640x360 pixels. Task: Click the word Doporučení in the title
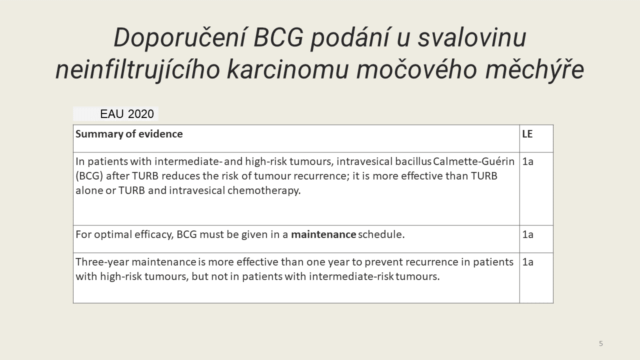coord(180,38)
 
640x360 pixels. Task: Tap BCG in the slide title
coord(278,37)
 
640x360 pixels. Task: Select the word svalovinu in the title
coord(472,37)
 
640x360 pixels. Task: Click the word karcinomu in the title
coord(288,70)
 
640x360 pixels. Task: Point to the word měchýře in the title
coord(534,70)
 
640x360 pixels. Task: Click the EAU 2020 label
coord(127,114)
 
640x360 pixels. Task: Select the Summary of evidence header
coord(129,134)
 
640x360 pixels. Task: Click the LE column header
coord(527,134)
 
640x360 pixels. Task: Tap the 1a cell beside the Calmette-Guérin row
coord(527,161)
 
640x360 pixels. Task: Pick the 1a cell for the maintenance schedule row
coord(527,234)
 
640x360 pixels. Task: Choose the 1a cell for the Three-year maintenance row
coord(527,262)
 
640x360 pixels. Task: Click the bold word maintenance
coord(323,234)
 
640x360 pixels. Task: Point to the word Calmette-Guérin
coord(473,161)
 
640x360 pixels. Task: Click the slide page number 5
coord(601,343)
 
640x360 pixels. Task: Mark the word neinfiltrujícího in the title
coord(137,70)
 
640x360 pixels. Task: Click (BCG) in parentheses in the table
coord(89,176)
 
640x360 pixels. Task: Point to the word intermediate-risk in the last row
coord(351,276)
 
